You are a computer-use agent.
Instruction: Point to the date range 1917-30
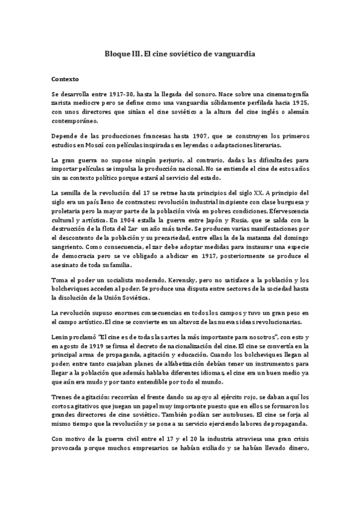click(x=118, y=95)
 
